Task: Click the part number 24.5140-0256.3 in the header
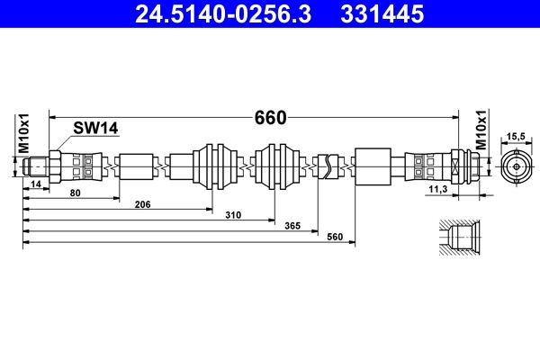pyautogui.click(x=223, y=14)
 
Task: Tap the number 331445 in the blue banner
pyautogui.click(x=382, y=14)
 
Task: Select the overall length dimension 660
pyautogui.click(x=270, y=118)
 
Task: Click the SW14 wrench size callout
pyautogui.click(x=95, y=128)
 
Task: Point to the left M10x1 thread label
pyautogui.click(x=23, y=133)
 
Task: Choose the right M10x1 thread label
pyautogui.click(x=481, y=130)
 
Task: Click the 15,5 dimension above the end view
pyautogui.click(x=516, y=137)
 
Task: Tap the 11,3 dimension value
pyautogui.click(x=438, y=189)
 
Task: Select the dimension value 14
pyautogui.click(x=36, y=184)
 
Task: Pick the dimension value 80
pyautogui.click(x=75, y=193)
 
